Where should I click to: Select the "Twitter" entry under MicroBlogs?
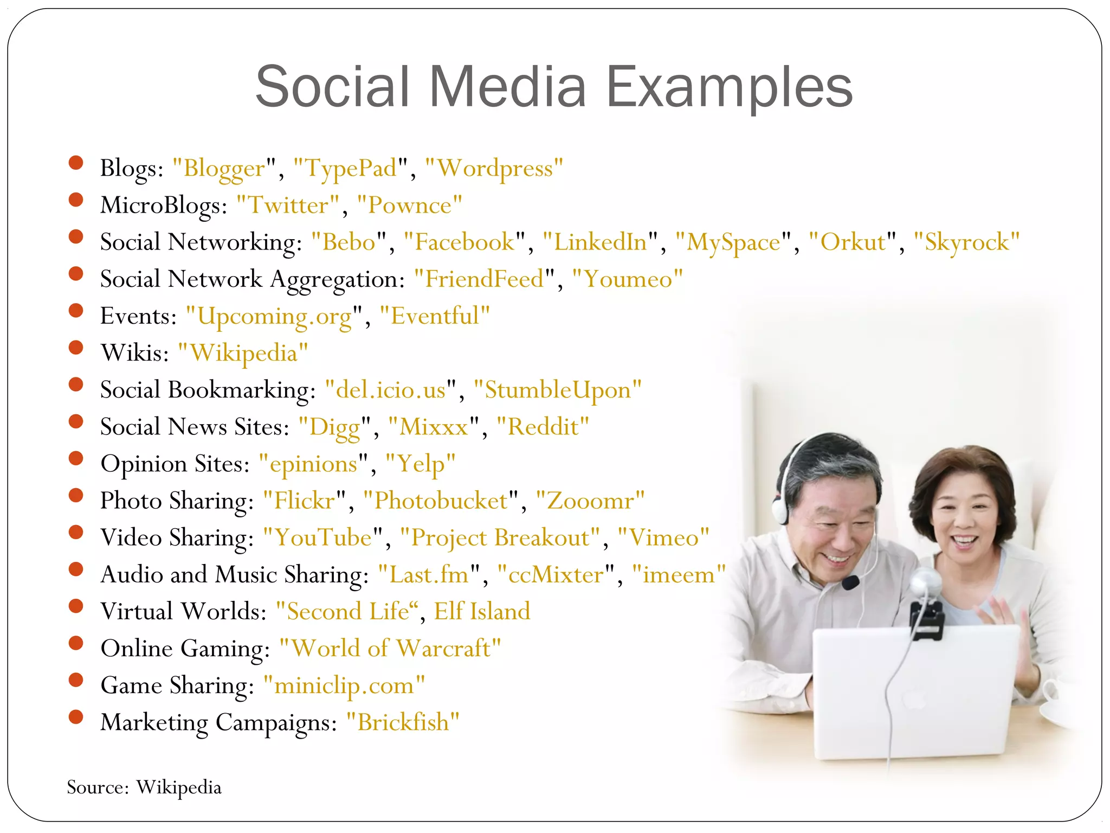click(x=288, y=206)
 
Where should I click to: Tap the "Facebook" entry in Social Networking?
click(x=464, y=242)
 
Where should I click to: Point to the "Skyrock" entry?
click(x=966, y=242)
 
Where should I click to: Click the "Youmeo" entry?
click(x=628, y=279)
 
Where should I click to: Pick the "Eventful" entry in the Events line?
click(x=435, y=316)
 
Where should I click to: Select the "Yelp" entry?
click(x=421, y=464)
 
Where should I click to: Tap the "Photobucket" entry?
click(x=441, y=501)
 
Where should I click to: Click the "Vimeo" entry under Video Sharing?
click(x=663, y=538)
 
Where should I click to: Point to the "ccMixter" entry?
click(x=556, y=575)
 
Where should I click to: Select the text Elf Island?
click(x=482, y=612)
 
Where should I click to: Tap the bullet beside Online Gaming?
click(x=76, y=643)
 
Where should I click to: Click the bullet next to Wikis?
click(x=76, y=348)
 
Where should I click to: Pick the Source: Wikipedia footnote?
click(x=144, y=787)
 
